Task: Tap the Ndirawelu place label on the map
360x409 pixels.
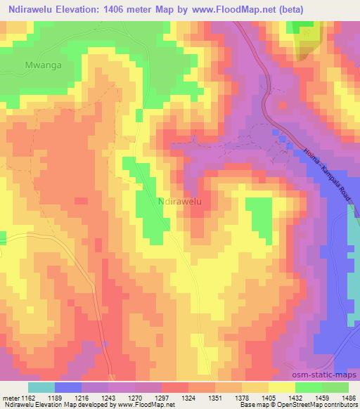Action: click(179, 201)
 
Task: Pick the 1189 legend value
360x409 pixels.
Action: click(56, 397)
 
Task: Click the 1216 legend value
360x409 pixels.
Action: click(82, 397)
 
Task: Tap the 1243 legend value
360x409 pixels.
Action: click(108, 397)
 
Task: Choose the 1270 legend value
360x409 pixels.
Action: click(134, 397)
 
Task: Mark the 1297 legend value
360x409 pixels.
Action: click(160, 397)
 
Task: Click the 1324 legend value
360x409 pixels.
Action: click(186, 397)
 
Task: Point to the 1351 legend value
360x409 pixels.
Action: click(212, 397)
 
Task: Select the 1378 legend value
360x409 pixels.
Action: click(238, 397)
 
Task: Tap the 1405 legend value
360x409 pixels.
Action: click(264, 397)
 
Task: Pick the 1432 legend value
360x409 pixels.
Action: click(290, 397)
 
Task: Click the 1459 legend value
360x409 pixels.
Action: click(316, 397)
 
